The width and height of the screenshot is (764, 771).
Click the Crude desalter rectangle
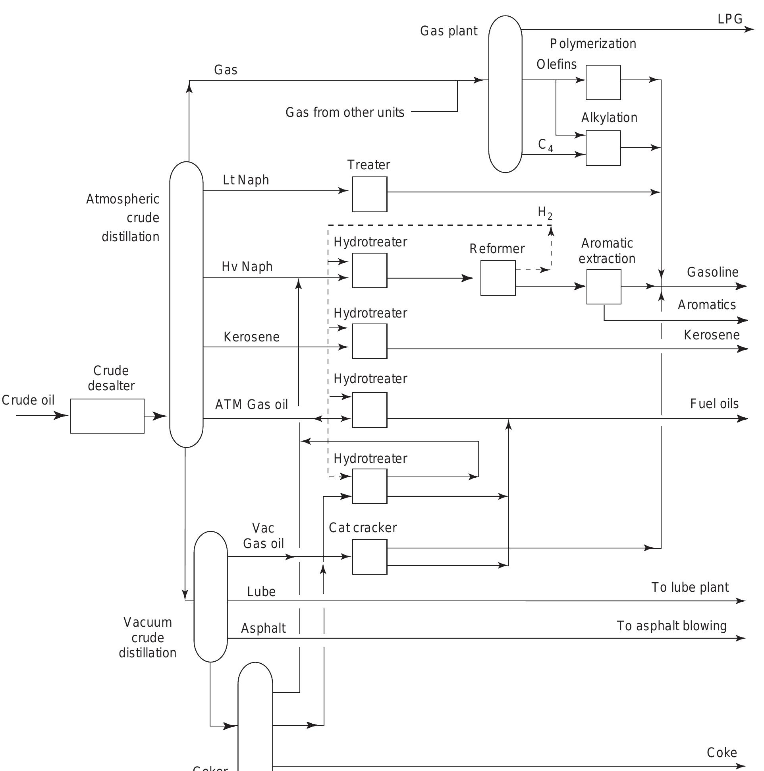107,416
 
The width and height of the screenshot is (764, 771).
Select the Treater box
369,194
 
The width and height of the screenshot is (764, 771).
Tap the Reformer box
498,278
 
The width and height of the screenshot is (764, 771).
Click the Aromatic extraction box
603,287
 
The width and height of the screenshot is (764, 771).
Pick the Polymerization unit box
603,83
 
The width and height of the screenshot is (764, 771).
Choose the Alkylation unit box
603,148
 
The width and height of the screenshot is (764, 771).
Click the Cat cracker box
369,557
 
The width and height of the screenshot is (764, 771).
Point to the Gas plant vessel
505,94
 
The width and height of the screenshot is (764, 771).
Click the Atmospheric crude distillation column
186,304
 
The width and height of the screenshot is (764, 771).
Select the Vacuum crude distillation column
210,597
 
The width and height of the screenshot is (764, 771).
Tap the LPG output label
730,19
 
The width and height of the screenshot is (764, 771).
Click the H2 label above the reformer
545,213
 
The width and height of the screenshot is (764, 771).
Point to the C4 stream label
545,145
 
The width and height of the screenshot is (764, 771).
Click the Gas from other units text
345,112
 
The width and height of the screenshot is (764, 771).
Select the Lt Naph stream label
246,180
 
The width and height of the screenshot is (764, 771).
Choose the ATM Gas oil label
251,405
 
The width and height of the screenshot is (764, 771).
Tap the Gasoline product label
712,272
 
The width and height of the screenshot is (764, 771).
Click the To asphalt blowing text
671,626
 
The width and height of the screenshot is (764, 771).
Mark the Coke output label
722,753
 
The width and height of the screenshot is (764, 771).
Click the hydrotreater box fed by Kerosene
369,341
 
